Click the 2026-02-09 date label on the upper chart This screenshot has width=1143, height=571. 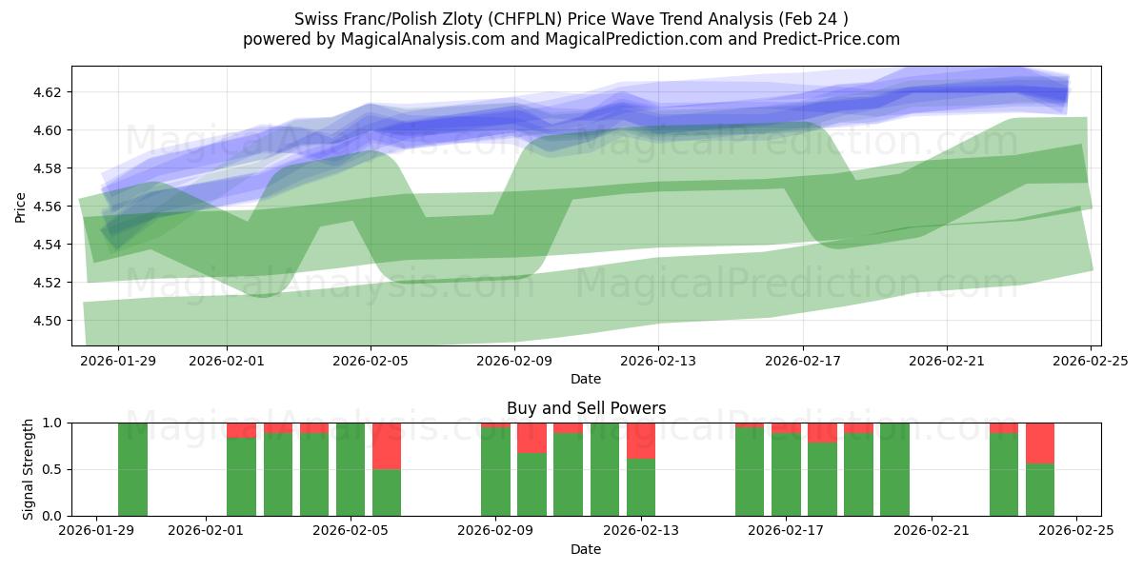(x=514, y=362)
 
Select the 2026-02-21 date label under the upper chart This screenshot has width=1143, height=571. (x=947, y=362)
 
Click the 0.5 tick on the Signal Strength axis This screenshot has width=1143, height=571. (x=54, y=469)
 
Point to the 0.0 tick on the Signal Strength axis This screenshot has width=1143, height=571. (x=54, y=516)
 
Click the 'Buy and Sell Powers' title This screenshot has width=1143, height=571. (x=586, y=408)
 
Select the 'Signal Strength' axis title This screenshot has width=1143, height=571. (x=29, y=468)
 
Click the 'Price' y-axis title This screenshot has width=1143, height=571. (x=21, y=207)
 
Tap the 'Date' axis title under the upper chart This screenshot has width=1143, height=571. (x=586, y=379)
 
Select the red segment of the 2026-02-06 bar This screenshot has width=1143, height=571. (x=387, y=445)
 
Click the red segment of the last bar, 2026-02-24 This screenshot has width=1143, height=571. (x=1040, y=443)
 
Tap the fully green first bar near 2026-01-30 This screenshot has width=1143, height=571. (x=133, y=469)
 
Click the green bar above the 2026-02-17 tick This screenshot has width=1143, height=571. (x=786, y=476)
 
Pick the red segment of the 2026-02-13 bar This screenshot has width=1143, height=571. (x=641, y=441)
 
